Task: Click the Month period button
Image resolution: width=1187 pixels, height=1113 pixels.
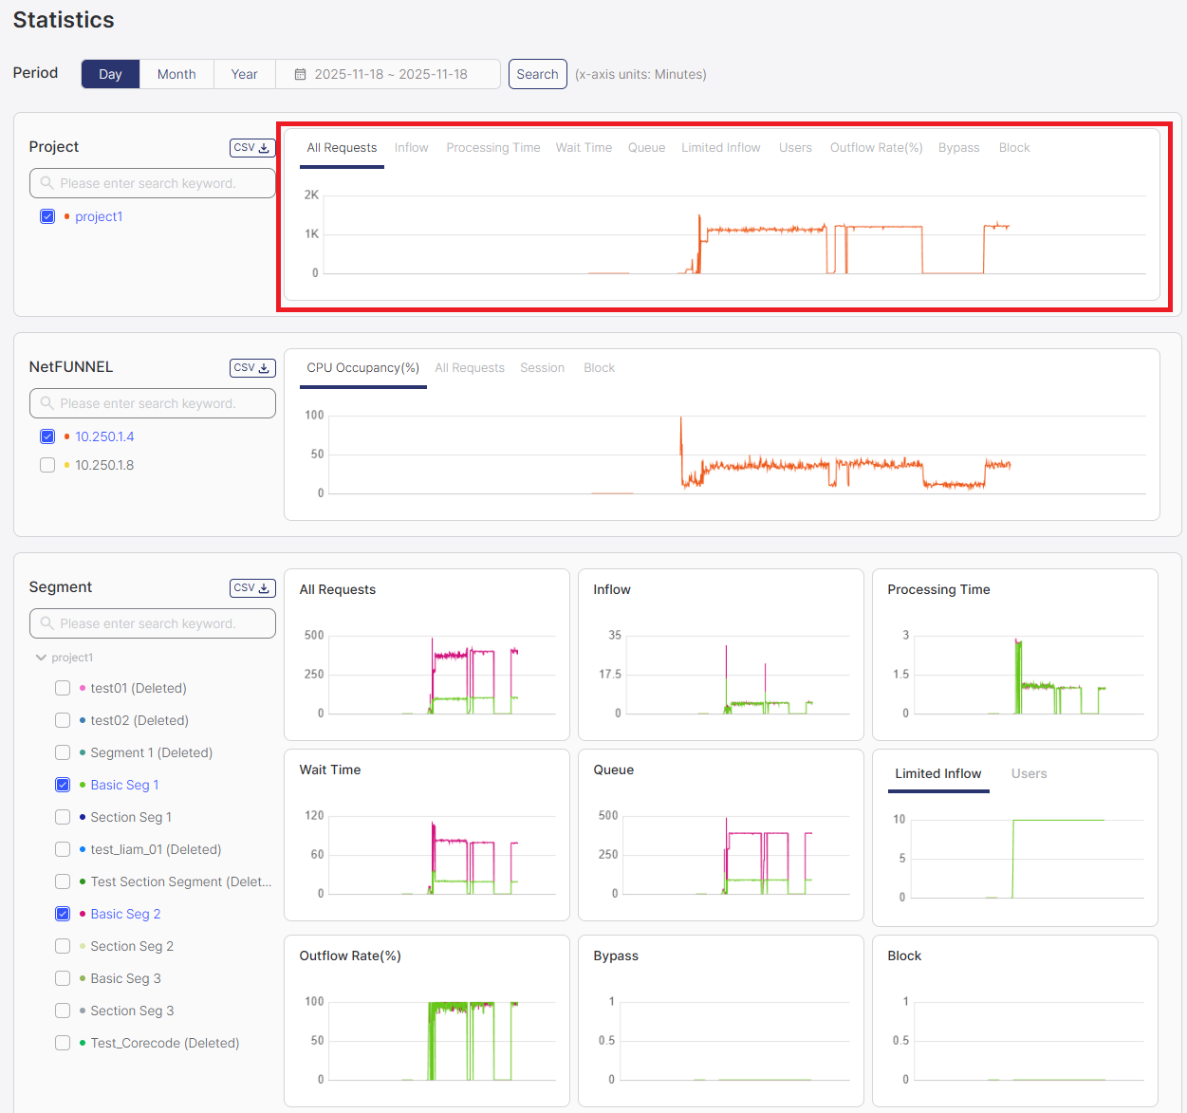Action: (x=176, y=74)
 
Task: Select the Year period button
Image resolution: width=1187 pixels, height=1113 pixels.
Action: (x=244, y=74)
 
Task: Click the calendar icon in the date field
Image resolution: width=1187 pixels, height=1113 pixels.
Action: (x=300, y=74)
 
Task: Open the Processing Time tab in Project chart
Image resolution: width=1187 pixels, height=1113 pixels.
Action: (x=492, y=148)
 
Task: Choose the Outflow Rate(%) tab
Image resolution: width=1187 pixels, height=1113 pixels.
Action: (x=876, y=148)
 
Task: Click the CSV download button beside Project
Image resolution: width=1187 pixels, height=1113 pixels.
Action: (x=252, y=148)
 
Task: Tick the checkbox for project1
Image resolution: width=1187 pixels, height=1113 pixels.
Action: (x=47, y=216)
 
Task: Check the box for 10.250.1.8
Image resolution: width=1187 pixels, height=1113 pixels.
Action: (x=47, y=465)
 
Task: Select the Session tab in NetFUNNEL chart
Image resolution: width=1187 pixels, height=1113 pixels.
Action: (x=542, y=368)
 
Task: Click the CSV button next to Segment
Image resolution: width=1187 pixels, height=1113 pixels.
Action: (x=252, y=588)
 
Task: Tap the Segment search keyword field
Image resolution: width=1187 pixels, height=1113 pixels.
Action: (x=153, y=623)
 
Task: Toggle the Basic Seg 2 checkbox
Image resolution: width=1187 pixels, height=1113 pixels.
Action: (x=63, y=914)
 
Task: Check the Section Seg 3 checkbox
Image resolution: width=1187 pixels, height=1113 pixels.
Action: (x=63, y=1011)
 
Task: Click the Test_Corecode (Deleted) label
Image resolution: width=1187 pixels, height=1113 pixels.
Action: (x=164, y=1043)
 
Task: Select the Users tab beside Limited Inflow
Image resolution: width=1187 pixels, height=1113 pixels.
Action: (x=1029, y=774)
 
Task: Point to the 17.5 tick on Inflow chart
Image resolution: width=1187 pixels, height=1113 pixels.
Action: (x=610, y=675)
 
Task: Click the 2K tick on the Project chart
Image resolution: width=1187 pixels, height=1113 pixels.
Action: (x=311, y=195)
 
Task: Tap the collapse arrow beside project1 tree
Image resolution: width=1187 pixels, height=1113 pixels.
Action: (x=41, y=658)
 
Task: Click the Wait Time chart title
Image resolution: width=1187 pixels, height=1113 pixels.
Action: (x=330, y=770)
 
